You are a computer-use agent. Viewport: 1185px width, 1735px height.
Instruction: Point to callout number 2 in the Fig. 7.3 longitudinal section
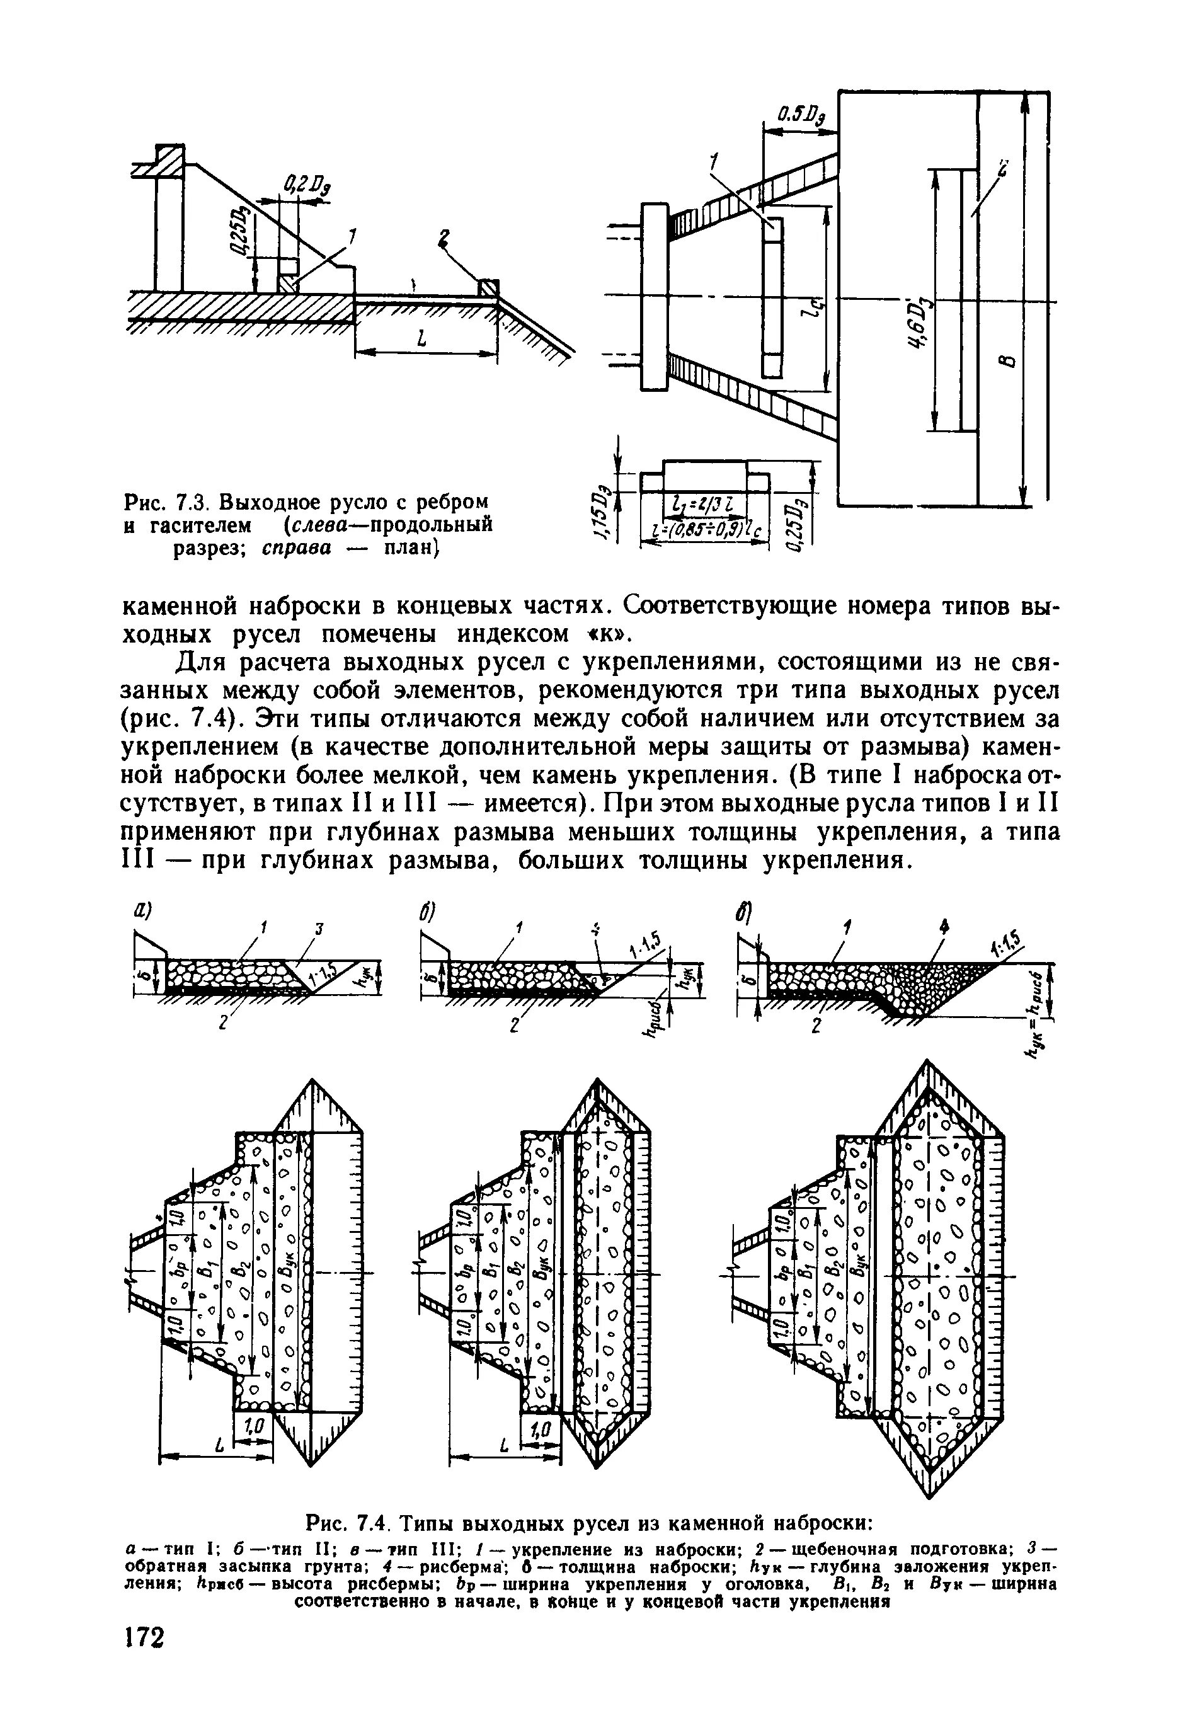coord(445,239)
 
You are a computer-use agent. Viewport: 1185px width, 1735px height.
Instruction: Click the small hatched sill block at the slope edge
coord(489,287)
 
